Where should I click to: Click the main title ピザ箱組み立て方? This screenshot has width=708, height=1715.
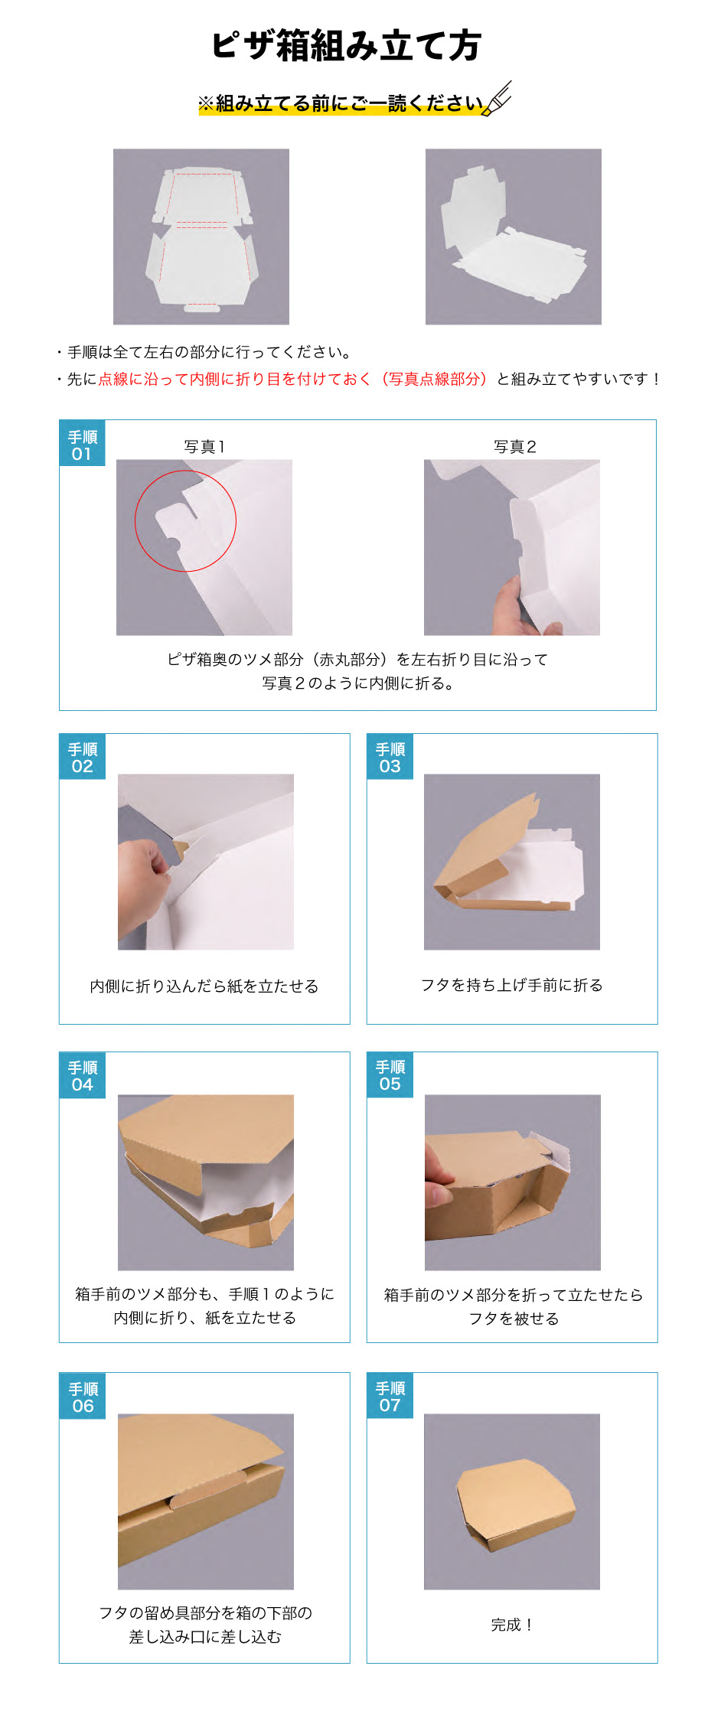346,46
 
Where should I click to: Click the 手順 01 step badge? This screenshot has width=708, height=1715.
83,445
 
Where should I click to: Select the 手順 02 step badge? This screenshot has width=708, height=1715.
83,758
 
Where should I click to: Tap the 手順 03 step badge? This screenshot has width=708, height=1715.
390,758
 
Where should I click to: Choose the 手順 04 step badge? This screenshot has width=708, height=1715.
83,1076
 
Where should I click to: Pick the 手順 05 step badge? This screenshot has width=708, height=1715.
390,1075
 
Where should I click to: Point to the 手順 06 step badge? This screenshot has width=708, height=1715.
83,1397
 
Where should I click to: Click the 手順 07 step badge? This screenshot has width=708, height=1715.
390,1396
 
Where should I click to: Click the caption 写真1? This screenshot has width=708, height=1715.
204,447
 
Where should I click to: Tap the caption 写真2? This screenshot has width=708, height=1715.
514,447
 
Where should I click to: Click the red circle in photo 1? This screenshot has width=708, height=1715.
185,520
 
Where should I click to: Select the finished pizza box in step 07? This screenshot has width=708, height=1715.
514,1504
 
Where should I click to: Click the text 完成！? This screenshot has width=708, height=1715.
511,1624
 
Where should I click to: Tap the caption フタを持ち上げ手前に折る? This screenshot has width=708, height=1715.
511,985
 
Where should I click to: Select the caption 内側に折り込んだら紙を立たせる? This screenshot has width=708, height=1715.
204,986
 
